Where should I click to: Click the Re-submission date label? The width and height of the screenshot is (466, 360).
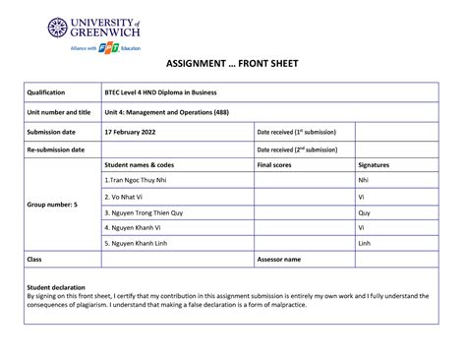coord(56,150)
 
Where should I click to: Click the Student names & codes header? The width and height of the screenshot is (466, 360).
coord(139,165)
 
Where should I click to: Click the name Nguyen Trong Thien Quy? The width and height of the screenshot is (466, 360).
coord(144,211)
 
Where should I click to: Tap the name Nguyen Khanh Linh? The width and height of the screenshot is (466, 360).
coord(139,242)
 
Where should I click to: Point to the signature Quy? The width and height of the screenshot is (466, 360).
coord(364,211)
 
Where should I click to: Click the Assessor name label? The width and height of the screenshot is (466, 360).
coord(279,259)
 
